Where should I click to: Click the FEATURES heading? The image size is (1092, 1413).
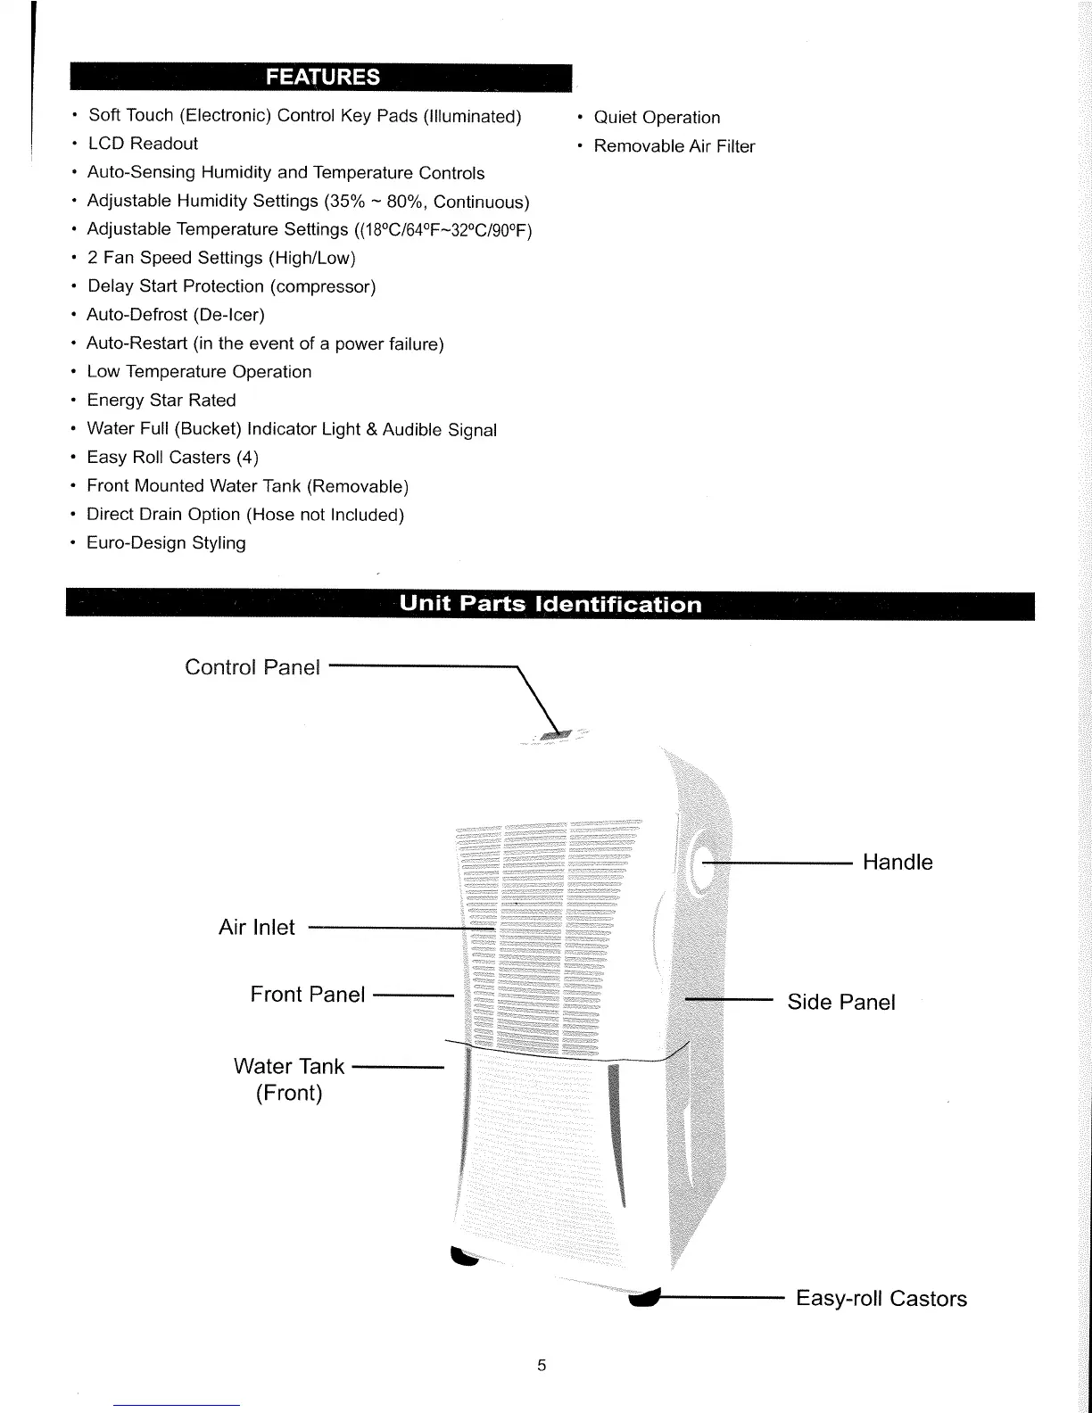[x=322, y=78]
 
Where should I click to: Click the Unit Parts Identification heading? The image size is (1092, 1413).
[x=550, y=604]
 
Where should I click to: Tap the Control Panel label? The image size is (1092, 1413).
[x=252, y=667]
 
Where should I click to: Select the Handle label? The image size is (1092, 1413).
[x=898, y=863]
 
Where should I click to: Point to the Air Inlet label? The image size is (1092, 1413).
[x=256, y=928]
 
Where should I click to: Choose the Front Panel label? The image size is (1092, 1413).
[x=307, y=995]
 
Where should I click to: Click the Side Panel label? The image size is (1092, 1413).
[x=840, y=1003]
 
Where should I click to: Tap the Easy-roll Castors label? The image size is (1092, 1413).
[x=881, y=1299]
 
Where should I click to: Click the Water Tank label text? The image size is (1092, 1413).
[x=288, y=1067]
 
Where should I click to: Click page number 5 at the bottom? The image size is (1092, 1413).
[x=542, y=1365]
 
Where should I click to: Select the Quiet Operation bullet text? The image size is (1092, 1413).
[x=657, y=118]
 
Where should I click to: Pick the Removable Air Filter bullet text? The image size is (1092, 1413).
[x=674, y=146]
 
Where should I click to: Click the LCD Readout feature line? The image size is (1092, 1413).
[x=143, y=144]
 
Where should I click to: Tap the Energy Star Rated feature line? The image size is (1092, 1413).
[x=161, y=401]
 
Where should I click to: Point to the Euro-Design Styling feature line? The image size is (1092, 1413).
[x=166, y=543]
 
